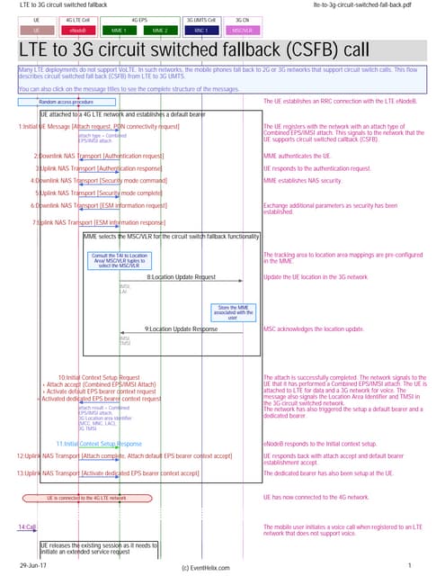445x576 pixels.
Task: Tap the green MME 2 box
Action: coord(159,30)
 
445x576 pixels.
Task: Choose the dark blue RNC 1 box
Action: coord(201,30)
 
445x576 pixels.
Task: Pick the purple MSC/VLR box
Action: coord(242,30)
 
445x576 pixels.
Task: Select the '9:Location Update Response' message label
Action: coord(181,329)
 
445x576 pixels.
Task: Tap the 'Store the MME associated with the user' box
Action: coord(232,312)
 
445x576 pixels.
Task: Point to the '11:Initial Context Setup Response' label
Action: coord(99,444)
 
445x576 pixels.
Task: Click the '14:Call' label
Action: coord(27,527)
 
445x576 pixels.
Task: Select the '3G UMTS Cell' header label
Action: coord(201,19)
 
